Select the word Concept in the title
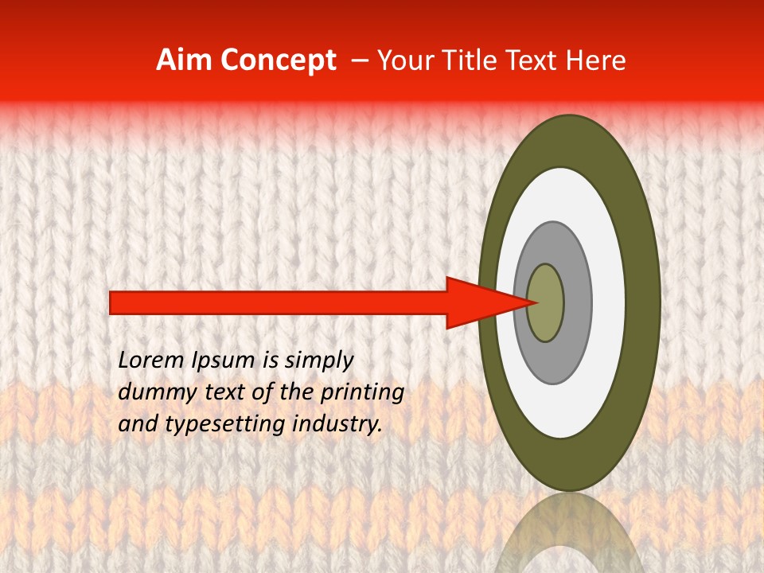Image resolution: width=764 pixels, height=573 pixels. pyautogui.click(x=278, y=60)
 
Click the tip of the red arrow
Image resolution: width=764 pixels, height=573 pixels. pyautogui.click(x=531, y=302)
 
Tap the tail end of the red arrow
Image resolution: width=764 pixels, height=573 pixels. pyautogui.click(x=112, y=302)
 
